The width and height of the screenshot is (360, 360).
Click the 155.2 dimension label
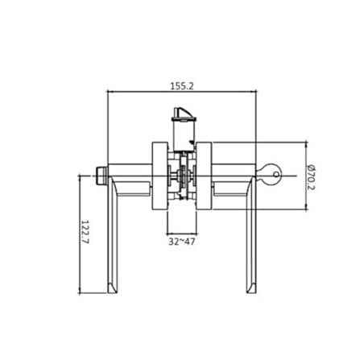point(182,86)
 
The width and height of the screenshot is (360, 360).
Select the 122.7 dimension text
point(85,232)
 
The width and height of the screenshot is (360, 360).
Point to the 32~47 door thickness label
point(182,242)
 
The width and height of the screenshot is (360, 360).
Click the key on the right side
point(269,175)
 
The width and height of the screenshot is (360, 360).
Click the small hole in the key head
point(276,175)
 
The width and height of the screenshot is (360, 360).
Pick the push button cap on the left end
point(101,175)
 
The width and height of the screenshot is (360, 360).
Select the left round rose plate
point(159,176)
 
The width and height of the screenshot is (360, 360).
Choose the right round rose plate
point(204,176)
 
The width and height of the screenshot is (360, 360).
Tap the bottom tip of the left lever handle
point(112,292)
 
